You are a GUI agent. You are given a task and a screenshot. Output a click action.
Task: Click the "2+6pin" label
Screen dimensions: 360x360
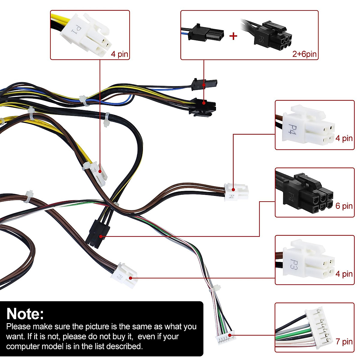click(x=304, y=54)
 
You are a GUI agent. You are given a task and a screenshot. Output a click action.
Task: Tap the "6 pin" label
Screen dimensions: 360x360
click(x=344, y=206)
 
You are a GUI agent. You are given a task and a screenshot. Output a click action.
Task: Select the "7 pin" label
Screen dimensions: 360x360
click(x=344, y=341)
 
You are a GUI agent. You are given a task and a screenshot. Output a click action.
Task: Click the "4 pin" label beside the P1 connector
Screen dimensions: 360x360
click(x=119, y=54)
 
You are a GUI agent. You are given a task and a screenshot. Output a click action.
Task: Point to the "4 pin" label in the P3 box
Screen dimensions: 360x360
click(x=344, y=274)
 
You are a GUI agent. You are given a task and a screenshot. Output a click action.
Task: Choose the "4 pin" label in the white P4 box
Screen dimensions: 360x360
click(x=344, y=138)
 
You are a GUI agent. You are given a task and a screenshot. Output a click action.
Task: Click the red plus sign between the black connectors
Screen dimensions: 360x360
click(x=233, y=36)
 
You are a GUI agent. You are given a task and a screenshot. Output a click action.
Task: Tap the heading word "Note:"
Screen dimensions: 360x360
click(x=25, y=314)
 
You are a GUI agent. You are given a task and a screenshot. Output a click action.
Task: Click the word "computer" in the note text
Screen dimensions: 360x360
click(x=23, y=346)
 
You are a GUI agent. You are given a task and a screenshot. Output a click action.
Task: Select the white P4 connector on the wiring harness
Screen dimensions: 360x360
click(x=236, y=192)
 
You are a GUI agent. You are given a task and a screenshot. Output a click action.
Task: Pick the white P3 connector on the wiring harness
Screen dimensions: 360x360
click(x=124, y=275)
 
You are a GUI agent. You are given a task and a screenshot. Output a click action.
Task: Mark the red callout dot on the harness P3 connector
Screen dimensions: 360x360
click(x=130, y=278)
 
